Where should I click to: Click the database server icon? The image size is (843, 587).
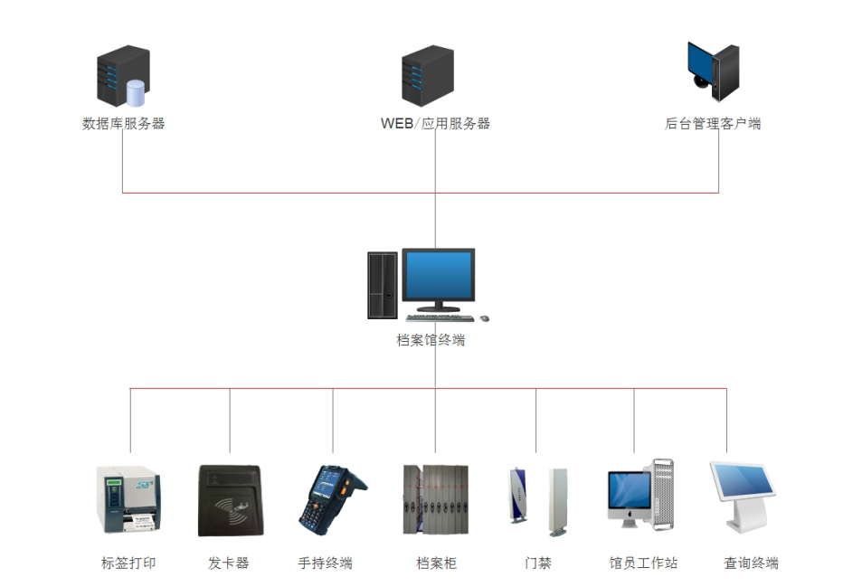(x=122, y=79)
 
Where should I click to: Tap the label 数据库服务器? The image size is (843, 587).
(x=123, y=124)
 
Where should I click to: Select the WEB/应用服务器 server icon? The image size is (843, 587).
(x=428, y=76)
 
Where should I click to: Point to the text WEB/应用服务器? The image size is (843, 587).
(x=435, y=124)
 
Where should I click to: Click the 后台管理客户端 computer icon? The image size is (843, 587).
(x=714, y=71)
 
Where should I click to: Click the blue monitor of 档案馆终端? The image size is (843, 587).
(x=439, y=277)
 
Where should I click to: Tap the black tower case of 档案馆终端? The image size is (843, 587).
(x=382, y=285)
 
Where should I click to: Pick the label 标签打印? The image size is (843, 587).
(x=128, y=563)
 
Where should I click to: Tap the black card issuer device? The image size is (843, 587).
(x=230, y=500)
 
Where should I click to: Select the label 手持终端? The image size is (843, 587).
(x=325, y=563)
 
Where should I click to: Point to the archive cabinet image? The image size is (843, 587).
(x=435, y=500)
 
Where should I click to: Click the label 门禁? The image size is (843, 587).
(x=538, y=563)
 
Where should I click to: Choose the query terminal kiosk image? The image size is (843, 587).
(x=744, y=497)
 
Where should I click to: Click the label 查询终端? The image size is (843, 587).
(x=751, y=563)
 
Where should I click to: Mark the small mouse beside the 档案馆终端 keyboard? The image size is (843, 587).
(x=484, y=318)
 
